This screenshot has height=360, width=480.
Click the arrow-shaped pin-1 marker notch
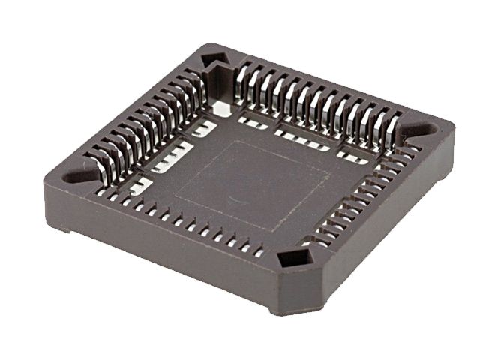(214, 59)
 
